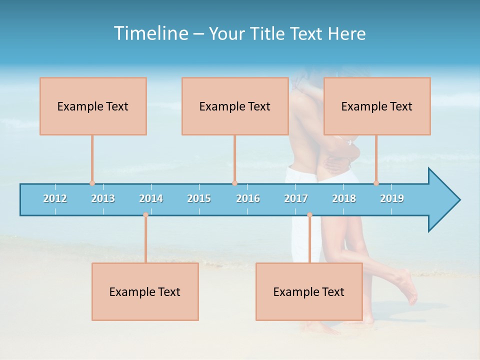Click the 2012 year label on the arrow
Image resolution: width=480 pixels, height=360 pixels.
55,198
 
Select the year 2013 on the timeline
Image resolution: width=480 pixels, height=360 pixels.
103,198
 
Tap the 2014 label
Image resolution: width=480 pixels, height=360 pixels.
151,198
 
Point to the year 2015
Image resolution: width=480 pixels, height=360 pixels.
199,198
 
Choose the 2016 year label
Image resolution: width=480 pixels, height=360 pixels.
248,198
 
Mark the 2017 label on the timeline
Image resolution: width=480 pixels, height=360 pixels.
296,198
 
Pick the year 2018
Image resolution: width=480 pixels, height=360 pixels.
344,198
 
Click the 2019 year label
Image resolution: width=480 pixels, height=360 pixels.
392,198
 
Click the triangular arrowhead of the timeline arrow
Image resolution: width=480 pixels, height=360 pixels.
443,200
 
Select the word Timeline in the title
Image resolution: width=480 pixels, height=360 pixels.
149,33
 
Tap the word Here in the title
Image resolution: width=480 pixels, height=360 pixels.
346,33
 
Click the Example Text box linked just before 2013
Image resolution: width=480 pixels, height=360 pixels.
93,106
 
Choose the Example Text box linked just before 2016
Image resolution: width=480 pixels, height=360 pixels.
235,106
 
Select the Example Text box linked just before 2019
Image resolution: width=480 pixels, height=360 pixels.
377,106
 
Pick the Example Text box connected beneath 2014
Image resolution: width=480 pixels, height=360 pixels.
145,291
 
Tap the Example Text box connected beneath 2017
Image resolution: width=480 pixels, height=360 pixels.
309,291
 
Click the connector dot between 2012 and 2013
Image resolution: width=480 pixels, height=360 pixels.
92,183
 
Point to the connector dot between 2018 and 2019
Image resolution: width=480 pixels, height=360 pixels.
376,183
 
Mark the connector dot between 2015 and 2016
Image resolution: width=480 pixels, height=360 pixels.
234,183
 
